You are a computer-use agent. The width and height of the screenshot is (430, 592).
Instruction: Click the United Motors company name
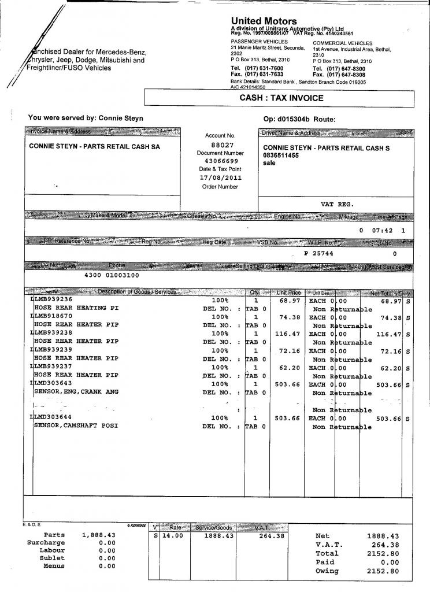264,21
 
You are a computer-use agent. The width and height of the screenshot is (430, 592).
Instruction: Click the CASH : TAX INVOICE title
281,98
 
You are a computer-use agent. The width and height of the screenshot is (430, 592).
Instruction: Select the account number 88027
223,145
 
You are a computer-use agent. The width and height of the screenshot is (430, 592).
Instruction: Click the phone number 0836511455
281,156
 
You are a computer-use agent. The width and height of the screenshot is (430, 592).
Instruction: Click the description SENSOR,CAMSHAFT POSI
76,427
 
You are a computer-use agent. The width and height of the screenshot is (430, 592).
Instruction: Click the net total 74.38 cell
388,317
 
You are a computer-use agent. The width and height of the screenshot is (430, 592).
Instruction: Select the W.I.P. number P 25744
318,253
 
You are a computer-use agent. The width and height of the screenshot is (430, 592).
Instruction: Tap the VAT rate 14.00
172,536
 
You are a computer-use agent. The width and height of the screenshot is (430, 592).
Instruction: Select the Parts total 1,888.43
99,535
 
